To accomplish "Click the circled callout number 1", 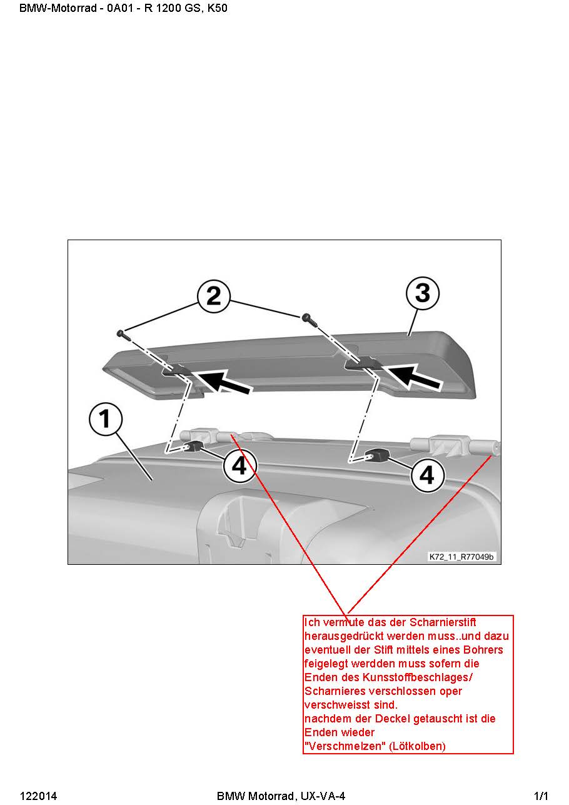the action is [106, 420].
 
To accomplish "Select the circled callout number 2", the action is [214, 296].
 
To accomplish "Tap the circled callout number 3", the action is [423, 293].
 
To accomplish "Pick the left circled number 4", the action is [239, 466].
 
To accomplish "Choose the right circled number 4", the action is [426, 475].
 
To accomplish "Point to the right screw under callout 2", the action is [310, 320].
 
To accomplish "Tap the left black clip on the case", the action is [194, 447].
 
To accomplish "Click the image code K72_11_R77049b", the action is [461, 557].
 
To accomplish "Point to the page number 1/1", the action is [541, 796].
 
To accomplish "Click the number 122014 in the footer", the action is [38, 796].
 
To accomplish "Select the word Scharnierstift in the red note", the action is [443, 622].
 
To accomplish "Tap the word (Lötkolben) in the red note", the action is [418, 746].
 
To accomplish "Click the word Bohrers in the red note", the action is [483, 650].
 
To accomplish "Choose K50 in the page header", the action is [218, 8].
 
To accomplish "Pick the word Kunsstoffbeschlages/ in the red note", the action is [418, 677].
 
